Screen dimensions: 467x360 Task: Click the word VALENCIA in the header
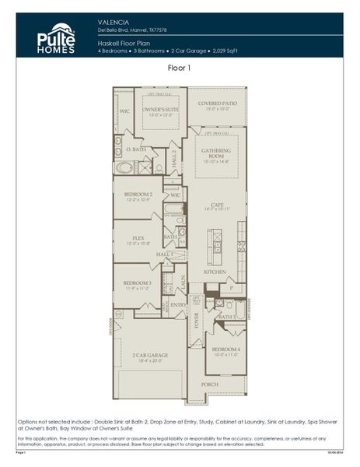pyautogui.click(x=114, y=23)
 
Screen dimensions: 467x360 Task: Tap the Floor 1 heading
pyautogui.click(x=180, y=68)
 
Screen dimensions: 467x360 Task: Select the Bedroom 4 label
pyautogui.click(x=226, y=349)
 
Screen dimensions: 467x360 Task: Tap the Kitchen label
pyautogui.click(x=215, y=272)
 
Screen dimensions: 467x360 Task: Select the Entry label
pyautogui.click(x=178, y=304)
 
